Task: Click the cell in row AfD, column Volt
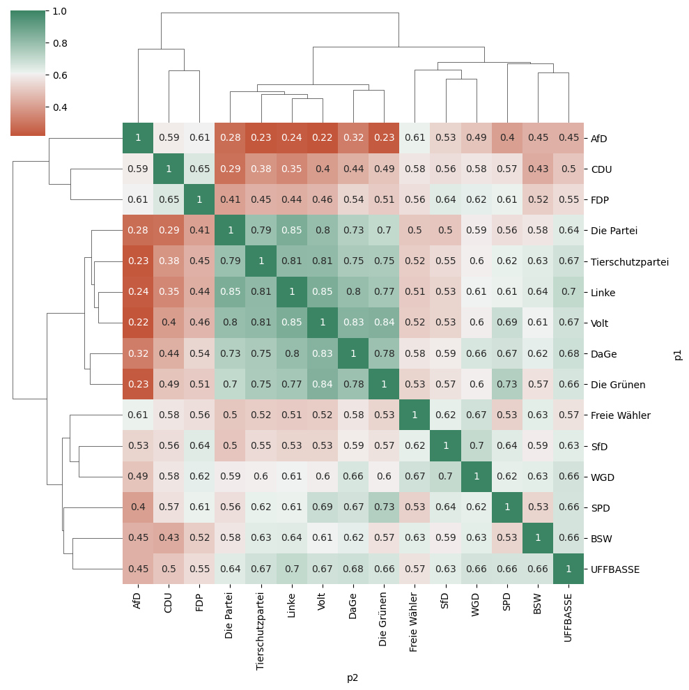[x=323, y=138]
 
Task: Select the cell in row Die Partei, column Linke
[x=292, y=230]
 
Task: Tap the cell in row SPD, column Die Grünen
[x=384, y=507]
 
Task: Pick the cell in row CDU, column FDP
[x=199, y=169]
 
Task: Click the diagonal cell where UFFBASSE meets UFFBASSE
[x=568, y=569]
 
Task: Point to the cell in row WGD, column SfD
[x=445, y=477]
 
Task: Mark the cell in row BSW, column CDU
[x=169, y=538]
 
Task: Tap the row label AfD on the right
[x=598, y=139]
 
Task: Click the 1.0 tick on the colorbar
[x=60, y=11]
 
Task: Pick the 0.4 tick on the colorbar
[x=60, y=107]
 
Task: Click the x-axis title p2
[x=353, y=677]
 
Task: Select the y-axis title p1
[x=677, y=354]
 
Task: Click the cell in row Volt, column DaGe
[x=353, y=323]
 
